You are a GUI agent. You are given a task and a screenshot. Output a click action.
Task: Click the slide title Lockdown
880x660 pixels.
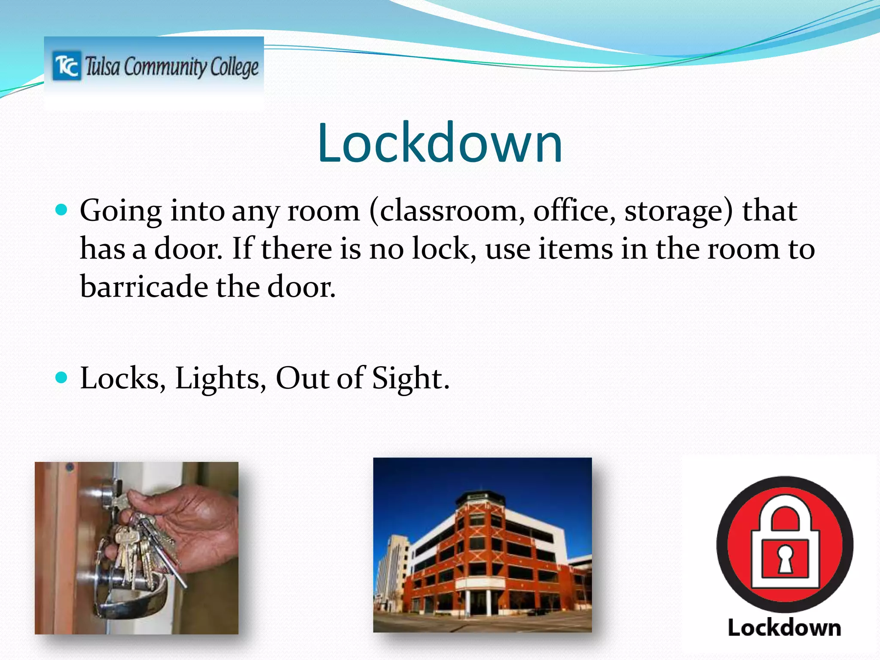coord(440,143)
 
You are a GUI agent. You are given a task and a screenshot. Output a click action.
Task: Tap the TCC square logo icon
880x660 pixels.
coord(67,66)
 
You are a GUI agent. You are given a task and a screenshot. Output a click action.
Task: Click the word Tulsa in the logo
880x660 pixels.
coord(102,67)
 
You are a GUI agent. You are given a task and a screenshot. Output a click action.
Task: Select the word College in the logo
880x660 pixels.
coord(234,67)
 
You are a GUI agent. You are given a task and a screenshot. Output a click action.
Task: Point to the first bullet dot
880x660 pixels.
coord(62,210)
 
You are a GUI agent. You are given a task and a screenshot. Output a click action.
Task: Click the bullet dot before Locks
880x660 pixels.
coord(62,377)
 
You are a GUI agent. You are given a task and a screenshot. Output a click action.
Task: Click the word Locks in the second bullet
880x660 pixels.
coord(123,378)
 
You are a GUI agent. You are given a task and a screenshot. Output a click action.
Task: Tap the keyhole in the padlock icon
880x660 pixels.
coord(785,559)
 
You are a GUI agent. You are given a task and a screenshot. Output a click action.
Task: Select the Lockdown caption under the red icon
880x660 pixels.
coord(784,628)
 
